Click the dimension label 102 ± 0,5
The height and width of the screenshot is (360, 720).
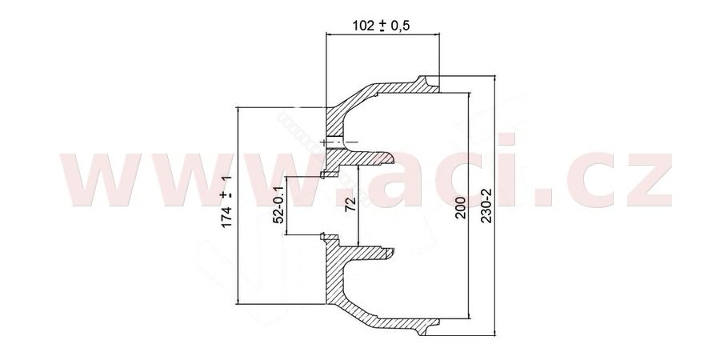coord(381,26)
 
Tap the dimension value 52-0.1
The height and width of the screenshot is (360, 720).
coord(278,206)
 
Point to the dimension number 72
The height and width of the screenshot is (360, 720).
coord(351,203)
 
